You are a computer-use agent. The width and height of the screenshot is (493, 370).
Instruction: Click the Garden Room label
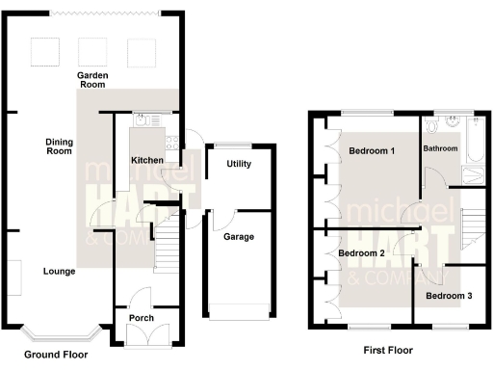93,80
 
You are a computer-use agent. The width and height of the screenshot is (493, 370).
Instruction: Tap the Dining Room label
60,146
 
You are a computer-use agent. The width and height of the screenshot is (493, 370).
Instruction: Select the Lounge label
60,272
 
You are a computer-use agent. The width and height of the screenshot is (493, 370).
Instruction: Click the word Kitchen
147,159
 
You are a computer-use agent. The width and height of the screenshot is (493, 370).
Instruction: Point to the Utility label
239,164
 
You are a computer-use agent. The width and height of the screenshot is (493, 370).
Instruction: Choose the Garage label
238,236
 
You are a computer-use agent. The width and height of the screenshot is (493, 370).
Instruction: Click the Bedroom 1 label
372,151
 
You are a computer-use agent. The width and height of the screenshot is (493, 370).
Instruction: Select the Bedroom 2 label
361,252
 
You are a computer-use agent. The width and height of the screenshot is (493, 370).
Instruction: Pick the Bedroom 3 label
449,296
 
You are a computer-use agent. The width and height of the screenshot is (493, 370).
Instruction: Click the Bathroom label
440,149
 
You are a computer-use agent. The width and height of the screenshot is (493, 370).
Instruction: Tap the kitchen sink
143,120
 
